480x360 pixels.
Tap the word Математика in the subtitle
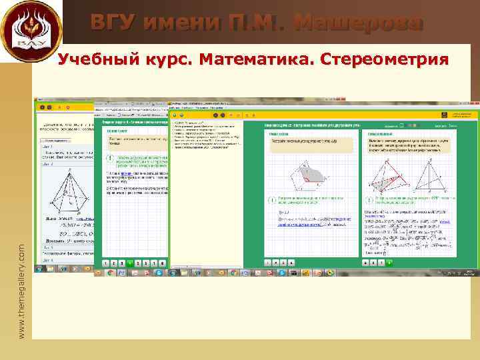pyautogui.click(x=257, y=61)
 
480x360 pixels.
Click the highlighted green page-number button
pyautogui.click(x=129, y=263)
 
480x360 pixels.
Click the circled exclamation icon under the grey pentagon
pyautogui.click(x=273, y=201)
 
